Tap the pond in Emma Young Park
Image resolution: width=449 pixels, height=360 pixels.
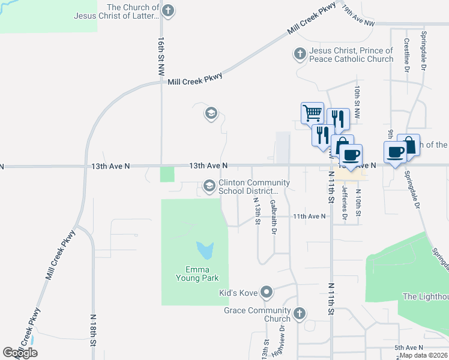point(204,249)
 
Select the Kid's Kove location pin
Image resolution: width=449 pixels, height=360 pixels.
point(268,293)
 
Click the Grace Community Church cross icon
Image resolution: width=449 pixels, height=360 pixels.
point(299,313)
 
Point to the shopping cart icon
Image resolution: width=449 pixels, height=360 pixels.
point(312,112)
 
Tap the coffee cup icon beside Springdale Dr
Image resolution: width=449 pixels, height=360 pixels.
point(395,152)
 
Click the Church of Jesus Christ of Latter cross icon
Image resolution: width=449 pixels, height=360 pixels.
point(169,10)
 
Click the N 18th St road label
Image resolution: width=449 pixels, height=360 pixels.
point(94,329)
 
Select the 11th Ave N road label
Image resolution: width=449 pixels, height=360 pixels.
point(309,216)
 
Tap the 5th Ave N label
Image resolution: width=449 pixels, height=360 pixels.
point(409,347)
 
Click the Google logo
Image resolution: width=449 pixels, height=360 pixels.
point(20,353)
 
